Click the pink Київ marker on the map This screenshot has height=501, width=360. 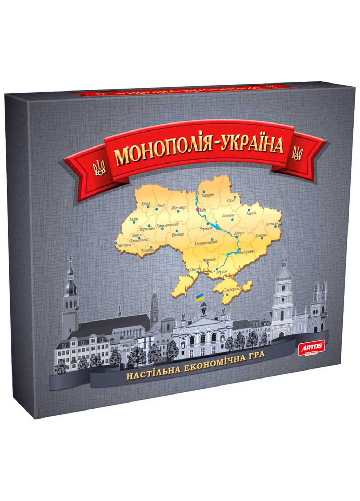(197, 210)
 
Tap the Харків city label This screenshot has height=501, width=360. (251, 213)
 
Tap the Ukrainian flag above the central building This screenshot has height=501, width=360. (200, 297)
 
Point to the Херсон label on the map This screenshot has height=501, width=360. (222, 271)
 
